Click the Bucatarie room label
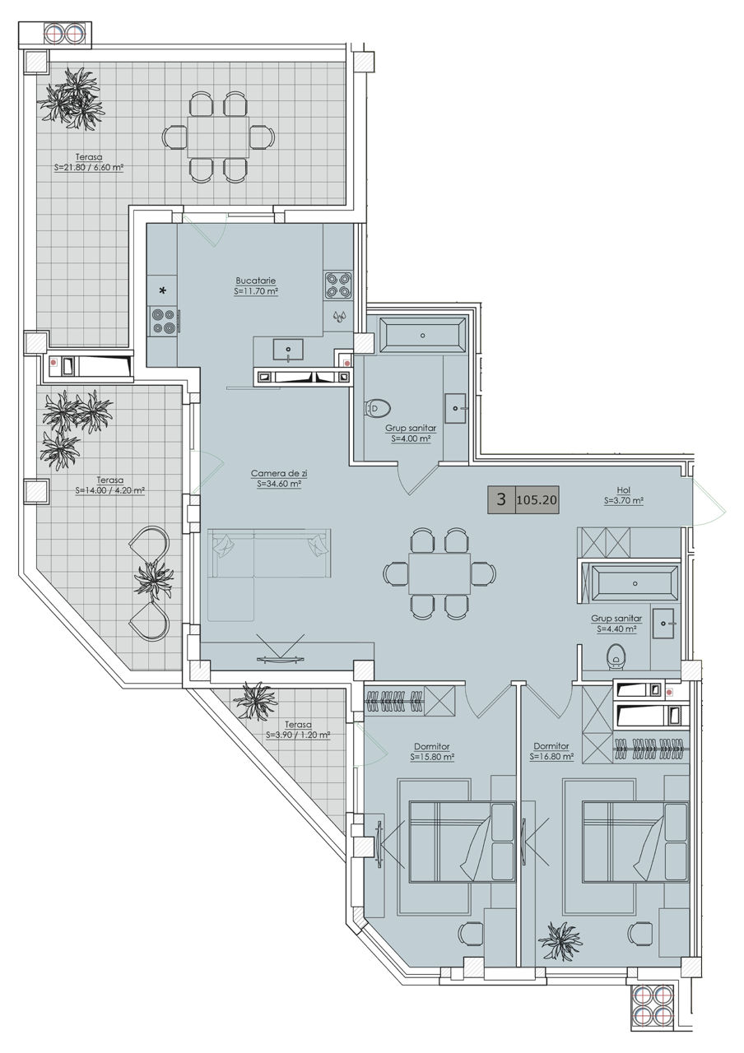(x=256, y=281)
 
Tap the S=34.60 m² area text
(x=279, y=484)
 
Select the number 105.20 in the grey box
(x=537, y=499)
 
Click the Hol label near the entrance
(x=624, y=490)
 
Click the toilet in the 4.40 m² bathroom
(x=616, y=656)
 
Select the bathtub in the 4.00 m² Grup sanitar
(x=423, y=335)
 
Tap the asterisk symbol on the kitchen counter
(x=163, y=291)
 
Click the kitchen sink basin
(x=288, y=350)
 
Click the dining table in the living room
(x=439, y=573)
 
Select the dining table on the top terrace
(x=218, y=137)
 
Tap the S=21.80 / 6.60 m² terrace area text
(x=89, y=167)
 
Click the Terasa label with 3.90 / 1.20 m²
(x=298, y=725)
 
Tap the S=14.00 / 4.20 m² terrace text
(x=110, y=490)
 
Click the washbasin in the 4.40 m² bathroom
(x=663, y=624)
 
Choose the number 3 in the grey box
(x=501, y=499)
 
